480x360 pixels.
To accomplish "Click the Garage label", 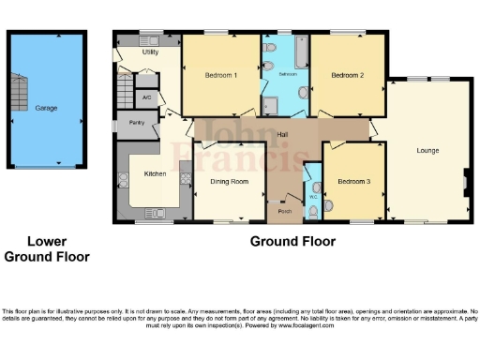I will point(46,108).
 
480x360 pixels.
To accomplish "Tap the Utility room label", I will point(149,52).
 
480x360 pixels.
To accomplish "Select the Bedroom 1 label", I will point(221,74).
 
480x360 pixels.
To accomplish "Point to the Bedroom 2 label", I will point(348,74).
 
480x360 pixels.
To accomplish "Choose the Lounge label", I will point(427,150).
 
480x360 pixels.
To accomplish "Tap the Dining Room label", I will point(228,181).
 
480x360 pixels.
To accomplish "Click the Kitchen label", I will point(155,173).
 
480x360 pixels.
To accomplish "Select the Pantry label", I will point(136,123).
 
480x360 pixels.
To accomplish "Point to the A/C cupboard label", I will point(146,97).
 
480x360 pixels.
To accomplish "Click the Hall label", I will point(282,135).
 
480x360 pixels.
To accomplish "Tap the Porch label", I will point(283,211).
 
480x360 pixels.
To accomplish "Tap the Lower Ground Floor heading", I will point(46,248).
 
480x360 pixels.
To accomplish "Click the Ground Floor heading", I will point(292,241).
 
